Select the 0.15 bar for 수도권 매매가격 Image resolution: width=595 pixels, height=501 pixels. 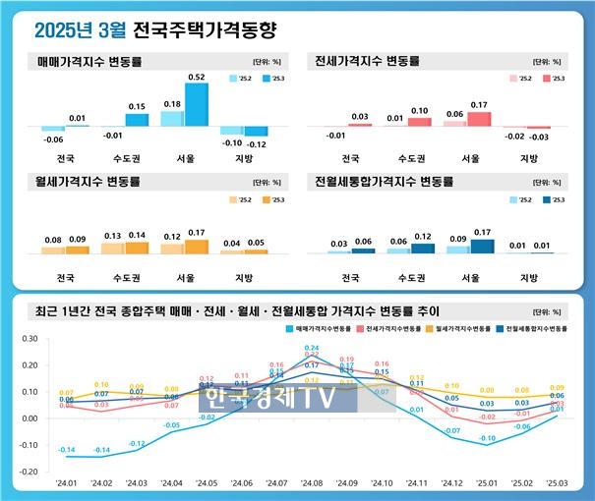137,120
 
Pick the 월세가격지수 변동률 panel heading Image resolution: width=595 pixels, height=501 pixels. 89,182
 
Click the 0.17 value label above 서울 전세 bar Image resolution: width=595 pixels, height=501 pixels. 479,105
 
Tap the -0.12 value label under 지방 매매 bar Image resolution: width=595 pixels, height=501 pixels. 257,143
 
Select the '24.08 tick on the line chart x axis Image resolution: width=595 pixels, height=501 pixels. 312,483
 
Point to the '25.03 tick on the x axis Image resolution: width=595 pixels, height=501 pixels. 556,483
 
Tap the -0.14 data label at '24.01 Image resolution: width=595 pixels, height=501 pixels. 67,450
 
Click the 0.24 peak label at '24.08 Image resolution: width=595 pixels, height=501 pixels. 312,348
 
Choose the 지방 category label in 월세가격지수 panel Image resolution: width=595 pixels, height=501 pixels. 232,278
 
